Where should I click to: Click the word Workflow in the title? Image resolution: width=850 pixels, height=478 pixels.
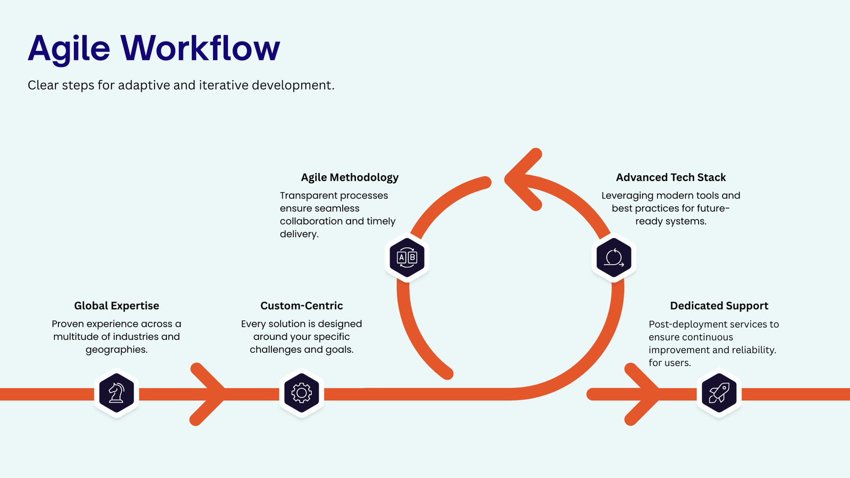tap(200, 48)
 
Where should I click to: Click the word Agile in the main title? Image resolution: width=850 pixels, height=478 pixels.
tap(69, 50)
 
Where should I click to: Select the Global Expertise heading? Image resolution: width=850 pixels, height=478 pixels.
tap(116, 305)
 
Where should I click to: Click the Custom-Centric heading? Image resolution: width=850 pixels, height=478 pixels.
tap(302, 305)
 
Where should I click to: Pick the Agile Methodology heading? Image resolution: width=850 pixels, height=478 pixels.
tap(350, 177)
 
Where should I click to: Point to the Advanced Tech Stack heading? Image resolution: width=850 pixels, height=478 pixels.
tap(670, 177)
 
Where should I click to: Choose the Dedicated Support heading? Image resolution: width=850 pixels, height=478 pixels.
tap(719, 306)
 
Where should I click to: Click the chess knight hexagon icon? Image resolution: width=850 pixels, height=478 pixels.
tap(116, 393)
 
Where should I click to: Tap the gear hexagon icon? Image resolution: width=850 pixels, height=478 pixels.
tap(302, 393)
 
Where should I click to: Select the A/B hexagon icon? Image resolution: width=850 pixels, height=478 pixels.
tap(407, 258)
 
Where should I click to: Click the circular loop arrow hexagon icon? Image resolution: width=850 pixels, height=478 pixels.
tap(614, 258)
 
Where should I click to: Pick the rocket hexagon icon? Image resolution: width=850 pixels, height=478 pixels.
tap(719, 393)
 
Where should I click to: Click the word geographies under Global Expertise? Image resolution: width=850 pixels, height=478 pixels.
tap(116, 350)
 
